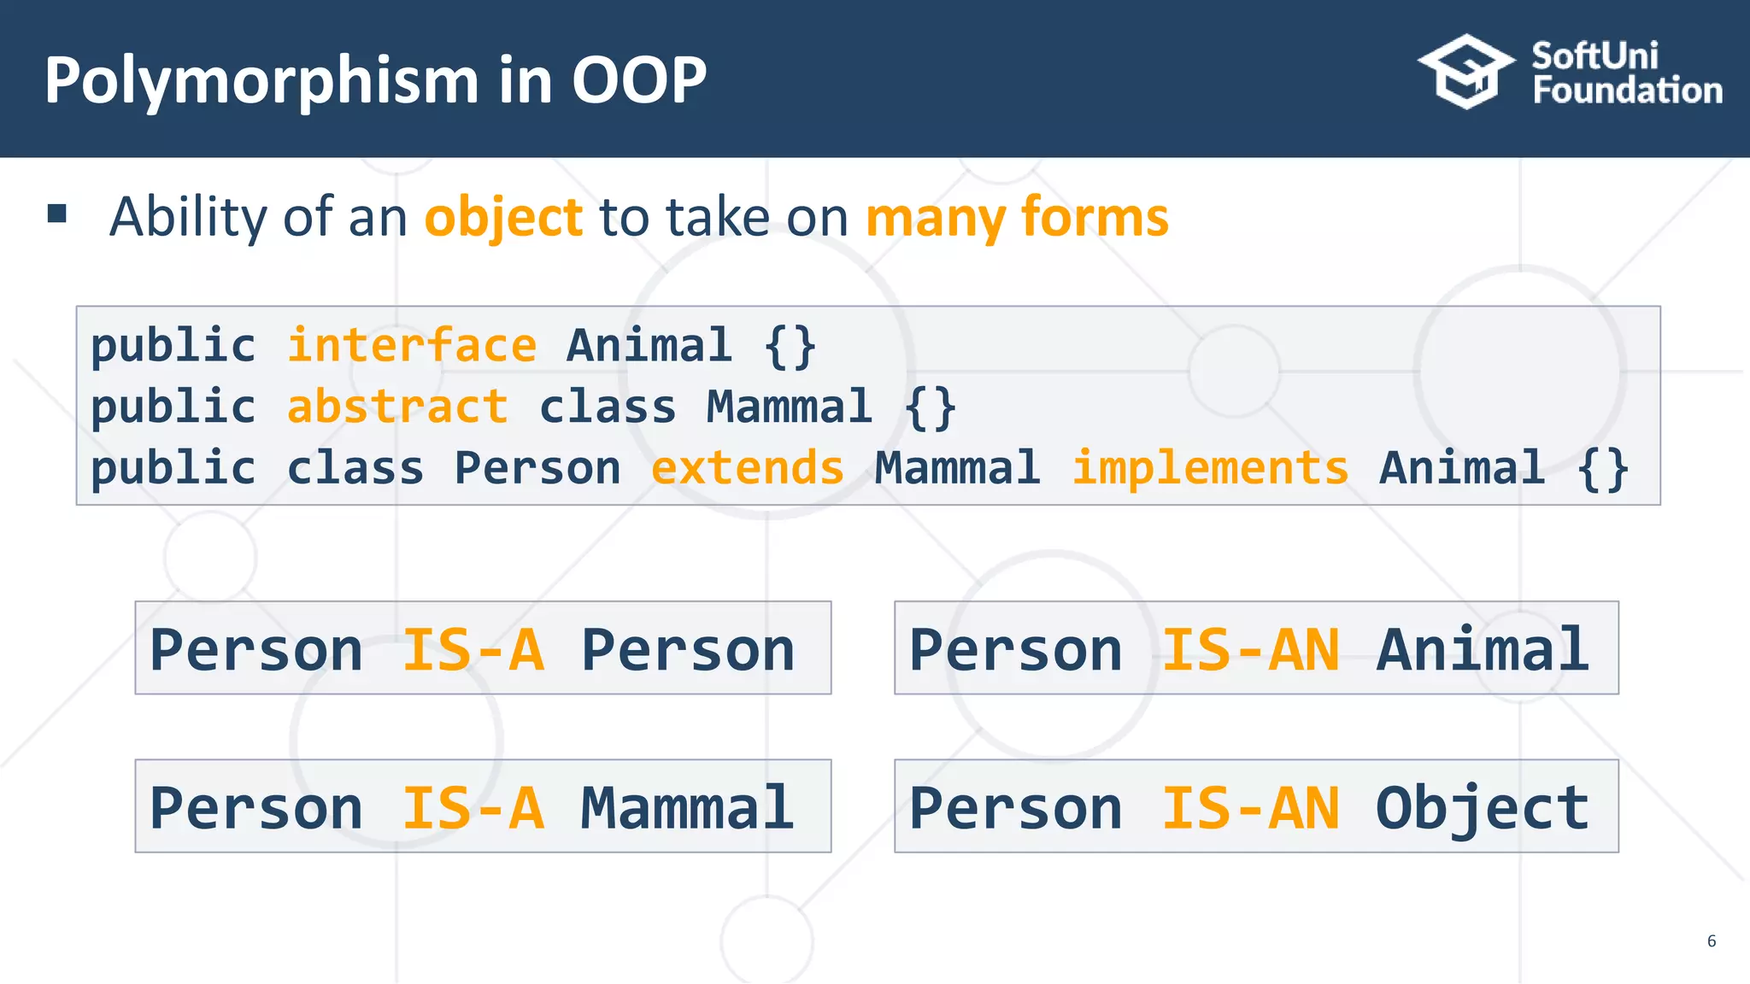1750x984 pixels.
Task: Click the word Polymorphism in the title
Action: coord(261,81)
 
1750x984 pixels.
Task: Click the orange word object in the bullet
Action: coord(503,217)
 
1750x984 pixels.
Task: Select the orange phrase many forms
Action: coord(1017,217)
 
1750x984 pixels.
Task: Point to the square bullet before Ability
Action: coord(57,214)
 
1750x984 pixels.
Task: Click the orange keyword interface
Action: coord(412,346)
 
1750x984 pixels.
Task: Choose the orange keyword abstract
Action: coord(397,407)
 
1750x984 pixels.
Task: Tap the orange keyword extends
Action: coord(748,468)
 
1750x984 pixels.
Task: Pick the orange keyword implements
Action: coord(1210,468)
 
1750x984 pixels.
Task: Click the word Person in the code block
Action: coord(537,468)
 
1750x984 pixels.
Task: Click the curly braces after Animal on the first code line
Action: coord(790,346)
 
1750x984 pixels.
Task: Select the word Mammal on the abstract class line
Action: coord(790,407)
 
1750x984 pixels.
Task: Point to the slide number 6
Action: coord(1711,941)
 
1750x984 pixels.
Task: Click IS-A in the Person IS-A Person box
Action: coord(473,650)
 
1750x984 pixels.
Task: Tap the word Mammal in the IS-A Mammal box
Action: coord(687,808)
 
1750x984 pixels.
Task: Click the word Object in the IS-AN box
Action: coord(1482,808)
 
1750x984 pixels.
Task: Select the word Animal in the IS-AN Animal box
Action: coord(1482,650)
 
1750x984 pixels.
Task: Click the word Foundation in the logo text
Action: coord(1627,91)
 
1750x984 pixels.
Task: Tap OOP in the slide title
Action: coord(638,81)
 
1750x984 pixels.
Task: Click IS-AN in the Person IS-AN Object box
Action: coord(1250,808)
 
